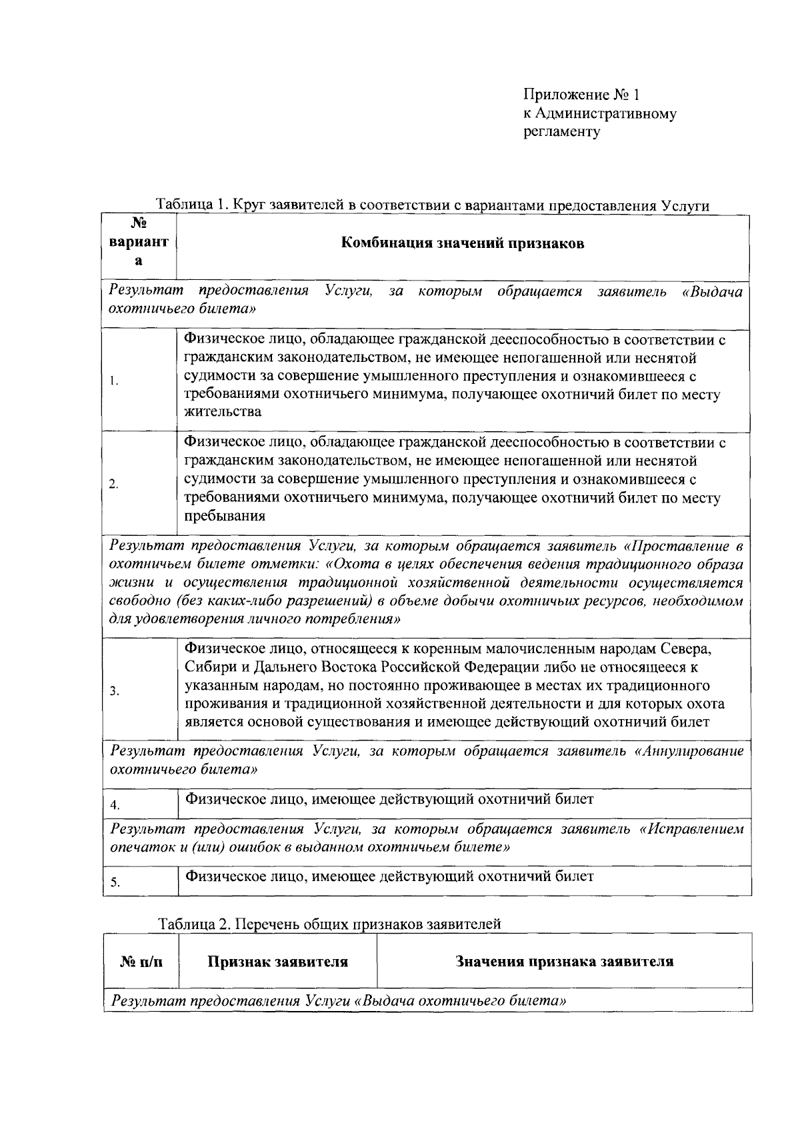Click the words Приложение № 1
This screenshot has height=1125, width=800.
(x=581, y=95)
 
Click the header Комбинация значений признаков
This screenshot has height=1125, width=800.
(x=463, y=243)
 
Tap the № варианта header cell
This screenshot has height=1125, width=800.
(x=139, y=243)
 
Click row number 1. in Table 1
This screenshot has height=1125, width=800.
(x=115, y=381)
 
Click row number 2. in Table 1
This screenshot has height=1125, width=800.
(x=115, y=484)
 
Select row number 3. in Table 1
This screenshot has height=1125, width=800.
(x=115, y=691)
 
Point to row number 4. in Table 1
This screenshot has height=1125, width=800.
(x=115, y=805)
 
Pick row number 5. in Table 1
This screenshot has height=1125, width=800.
(x=115, y=882)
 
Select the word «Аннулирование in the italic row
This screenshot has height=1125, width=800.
(x=690, y=751)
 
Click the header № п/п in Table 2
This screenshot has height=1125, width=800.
(x=141, y=962)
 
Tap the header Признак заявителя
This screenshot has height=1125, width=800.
(x=277, y=962)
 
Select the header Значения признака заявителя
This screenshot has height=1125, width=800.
(x=564, y=962)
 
